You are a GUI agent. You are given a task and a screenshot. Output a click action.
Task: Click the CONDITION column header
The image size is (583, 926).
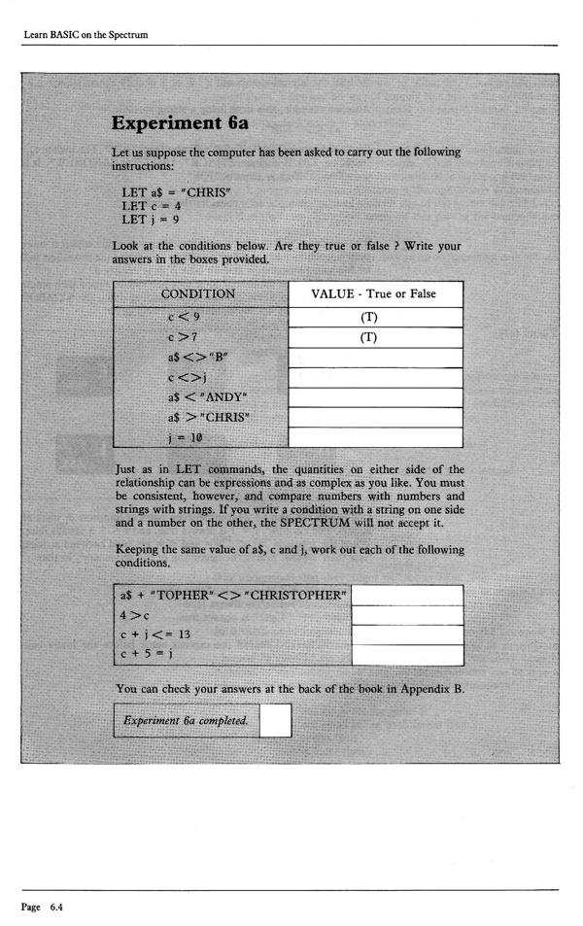[x=200, y=293]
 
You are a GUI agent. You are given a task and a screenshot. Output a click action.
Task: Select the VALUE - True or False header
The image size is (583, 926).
[x=373, y=293]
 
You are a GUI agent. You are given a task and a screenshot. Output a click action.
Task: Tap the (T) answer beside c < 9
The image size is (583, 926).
[x=375, y=317]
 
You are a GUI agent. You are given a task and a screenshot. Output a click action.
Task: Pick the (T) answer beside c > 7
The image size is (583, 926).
[x=375, y=336]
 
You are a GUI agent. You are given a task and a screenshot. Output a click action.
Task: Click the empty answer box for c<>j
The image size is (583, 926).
[x=375, y=377]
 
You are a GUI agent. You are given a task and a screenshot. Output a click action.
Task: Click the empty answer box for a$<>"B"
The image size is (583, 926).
[x=375, y=357]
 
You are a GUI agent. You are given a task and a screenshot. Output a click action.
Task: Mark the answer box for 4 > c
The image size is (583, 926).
[x=406, y=614]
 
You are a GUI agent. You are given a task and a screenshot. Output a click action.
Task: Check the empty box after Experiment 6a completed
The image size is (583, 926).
[x=275, y=720]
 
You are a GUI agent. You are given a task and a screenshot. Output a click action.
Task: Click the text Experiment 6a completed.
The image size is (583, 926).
[x=186, y=720]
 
